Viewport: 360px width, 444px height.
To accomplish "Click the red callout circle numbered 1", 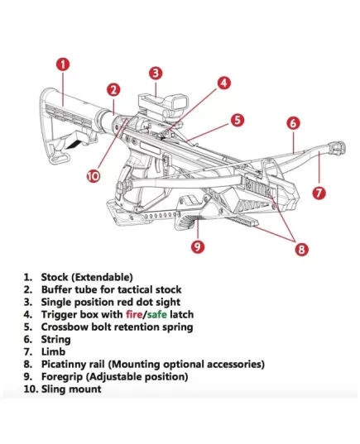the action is pyautogui.click(x=63, y=64).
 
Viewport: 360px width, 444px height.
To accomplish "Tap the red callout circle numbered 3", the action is pyautogui.click(x=156, y=73).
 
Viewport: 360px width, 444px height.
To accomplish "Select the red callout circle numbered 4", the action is pyautogui.click(x=224, y=83).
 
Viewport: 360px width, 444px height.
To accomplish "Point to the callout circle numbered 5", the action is pyautogui.click(x=238, y=120).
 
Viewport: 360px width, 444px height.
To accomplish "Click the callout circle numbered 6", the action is pyautogui.click(x=293, y=123).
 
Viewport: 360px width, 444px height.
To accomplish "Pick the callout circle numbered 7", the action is pyautogui.click(x=319, y=193).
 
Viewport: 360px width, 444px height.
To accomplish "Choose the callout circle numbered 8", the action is pyautogui.click(x=301, y=250).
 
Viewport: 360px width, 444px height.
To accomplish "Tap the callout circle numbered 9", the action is pyautogui.click(x=198, y=246).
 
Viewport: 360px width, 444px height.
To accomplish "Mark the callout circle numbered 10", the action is pyautogui.click(x=94, y=176).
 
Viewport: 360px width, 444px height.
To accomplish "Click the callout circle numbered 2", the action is pyautogui.click(x=113, y=90).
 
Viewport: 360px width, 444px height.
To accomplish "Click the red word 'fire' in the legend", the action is pyautogui.click(x=134, y=314).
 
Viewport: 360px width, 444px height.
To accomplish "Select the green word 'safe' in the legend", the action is pyautogui.click(x=156, y=314).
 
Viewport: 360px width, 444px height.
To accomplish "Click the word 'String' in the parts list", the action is pyautogui.click(x=55, y=340).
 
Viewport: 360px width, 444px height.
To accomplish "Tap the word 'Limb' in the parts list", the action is pyautogui.click(x=53, y=351).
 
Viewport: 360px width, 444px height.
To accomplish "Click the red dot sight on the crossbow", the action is pyautogui.click(x=164, y=107).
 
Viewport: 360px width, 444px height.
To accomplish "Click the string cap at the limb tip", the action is pyautogui.click(x=337, y=148).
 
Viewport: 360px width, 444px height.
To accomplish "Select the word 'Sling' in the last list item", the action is pyautogui.click(x=54, y=389).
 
